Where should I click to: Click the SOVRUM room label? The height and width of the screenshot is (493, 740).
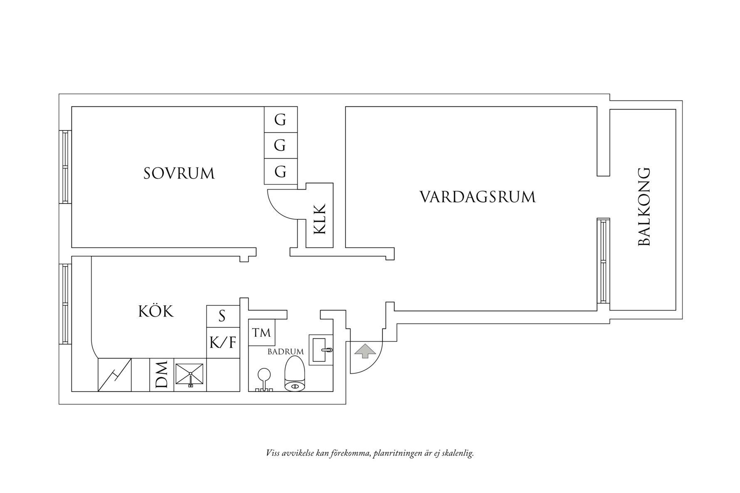point(179,173)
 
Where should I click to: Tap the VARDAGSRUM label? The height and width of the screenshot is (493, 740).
point(478,197)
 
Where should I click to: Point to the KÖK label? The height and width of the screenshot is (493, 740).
point(155,311)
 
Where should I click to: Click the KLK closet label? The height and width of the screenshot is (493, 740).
point(320,219)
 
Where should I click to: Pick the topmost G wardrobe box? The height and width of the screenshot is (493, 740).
point(281,120)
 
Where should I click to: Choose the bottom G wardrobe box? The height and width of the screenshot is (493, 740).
point(281,172)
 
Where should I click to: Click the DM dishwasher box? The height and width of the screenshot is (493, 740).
point(162,375)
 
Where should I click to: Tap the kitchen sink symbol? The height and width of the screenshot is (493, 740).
point(190,374)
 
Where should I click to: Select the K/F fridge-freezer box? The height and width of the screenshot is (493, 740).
point(223,343)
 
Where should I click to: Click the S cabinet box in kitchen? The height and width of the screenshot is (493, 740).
point(222,316)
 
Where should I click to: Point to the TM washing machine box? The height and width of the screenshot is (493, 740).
point(261,332)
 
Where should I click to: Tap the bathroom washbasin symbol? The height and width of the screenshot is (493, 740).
point(321,350)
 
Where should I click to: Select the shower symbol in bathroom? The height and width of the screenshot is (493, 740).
point(263,378)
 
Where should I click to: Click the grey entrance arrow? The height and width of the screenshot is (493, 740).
point(365,351)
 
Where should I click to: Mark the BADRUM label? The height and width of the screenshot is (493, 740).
point(285,352)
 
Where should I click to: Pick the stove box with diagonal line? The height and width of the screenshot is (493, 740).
point(114,375)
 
